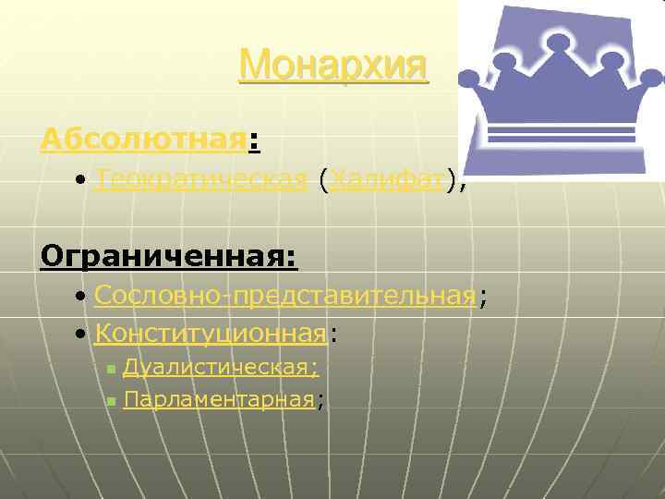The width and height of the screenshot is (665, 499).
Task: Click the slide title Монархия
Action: coord(333,66)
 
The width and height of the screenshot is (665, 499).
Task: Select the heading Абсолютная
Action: coord(144,141)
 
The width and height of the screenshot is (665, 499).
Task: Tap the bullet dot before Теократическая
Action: coord(82,181)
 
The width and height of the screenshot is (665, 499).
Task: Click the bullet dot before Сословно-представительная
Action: coord(82,297)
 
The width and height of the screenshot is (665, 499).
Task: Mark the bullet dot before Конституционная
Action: coord(82,332)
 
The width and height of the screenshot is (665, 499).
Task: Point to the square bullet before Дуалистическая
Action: coord(110,370)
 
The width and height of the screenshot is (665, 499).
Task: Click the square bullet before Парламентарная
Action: coord(110,401)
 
